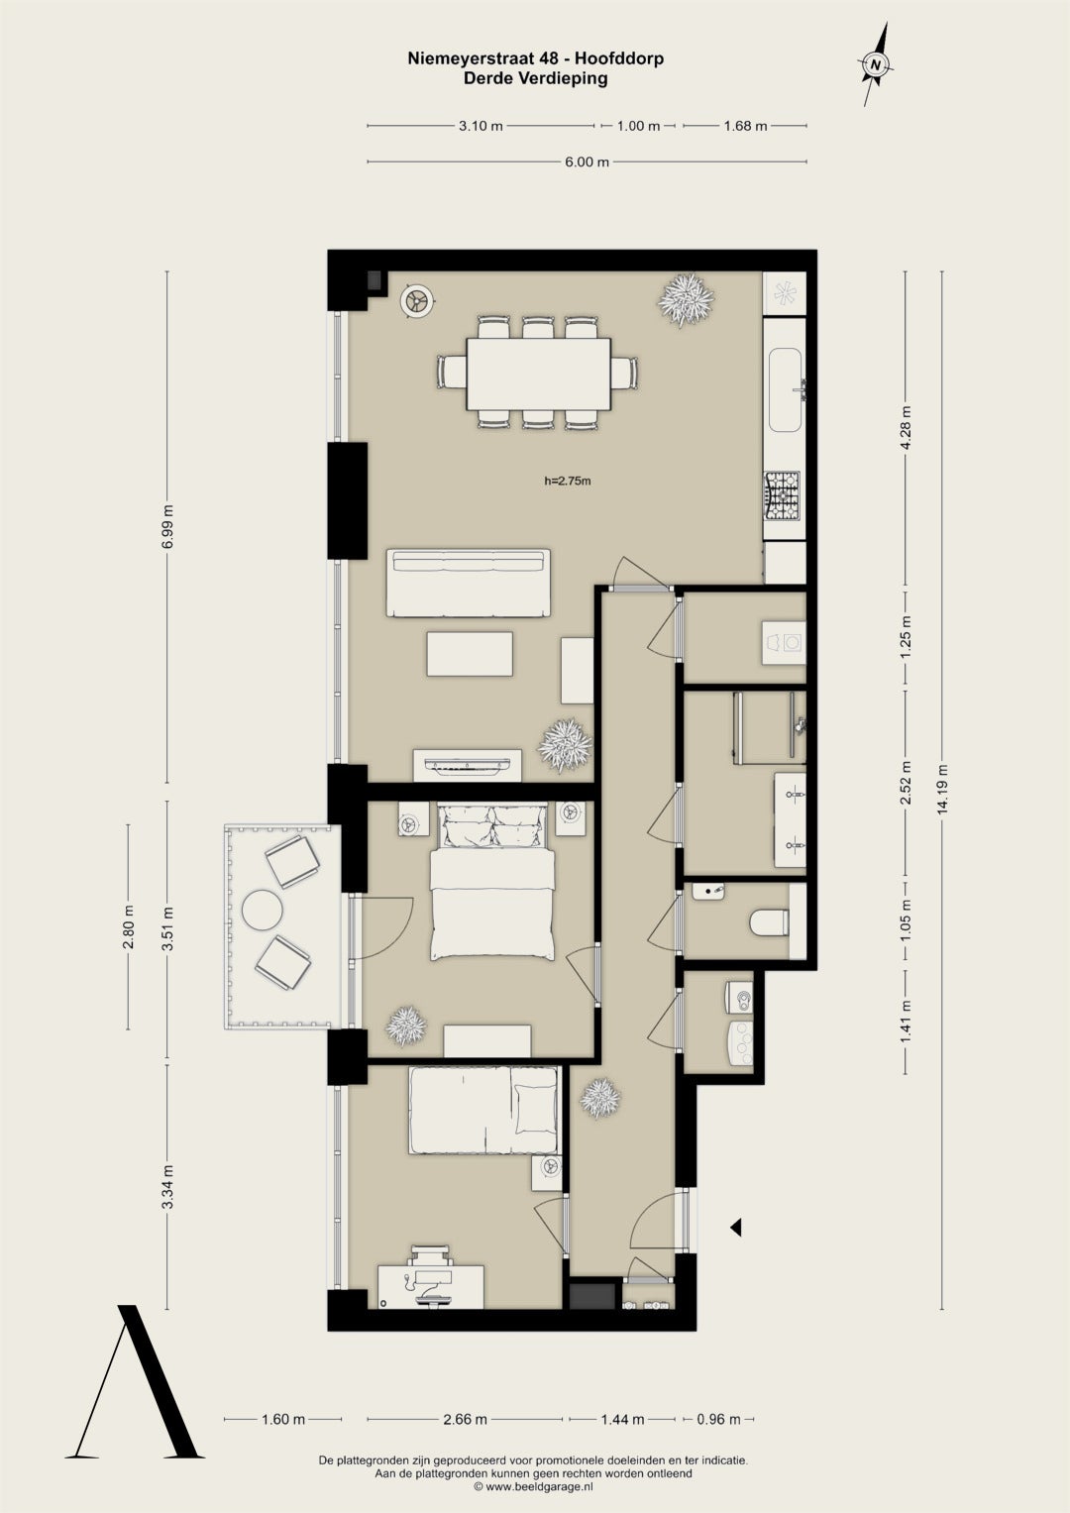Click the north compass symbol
coord(876,64)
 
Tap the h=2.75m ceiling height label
coord(568,481)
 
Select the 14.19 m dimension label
coord(942,789)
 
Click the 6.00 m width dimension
coord(587,162)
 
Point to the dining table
coord(538,373)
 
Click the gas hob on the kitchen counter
coord(782,496)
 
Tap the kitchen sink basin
coord(786,390)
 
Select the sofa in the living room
coord(468,583)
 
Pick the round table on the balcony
coord(263,910)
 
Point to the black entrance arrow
coord(735,1228)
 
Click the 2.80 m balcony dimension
coord(129,926)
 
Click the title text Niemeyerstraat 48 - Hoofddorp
coord(536,58)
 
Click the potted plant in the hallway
coord(600,1098)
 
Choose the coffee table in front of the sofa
coord(470,654)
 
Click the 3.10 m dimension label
coord(481,126)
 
